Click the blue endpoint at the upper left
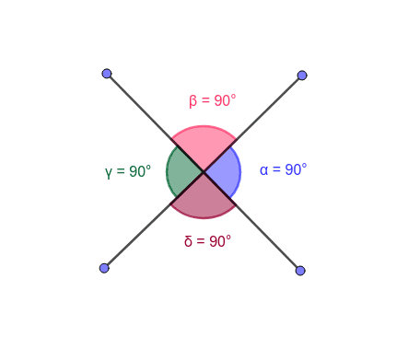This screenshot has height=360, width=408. [x=107, y=74]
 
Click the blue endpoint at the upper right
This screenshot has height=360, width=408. [x=302, y=75]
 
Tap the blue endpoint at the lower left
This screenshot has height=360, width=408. [x=104, y=268]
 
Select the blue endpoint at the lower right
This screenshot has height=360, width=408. [x=300, y=271]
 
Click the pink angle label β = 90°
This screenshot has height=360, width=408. [x=213, y=100]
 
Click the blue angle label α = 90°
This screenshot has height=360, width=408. [x=283, y=169]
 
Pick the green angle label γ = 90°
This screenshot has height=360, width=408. [x=128, y=171]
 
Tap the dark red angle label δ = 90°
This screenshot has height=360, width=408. [x=207, y=241]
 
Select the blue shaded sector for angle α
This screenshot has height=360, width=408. [x=225, y=172]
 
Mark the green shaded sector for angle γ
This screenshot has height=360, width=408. [x=182, y=172]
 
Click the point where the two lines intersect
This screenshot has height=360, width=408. [x=204, y=172]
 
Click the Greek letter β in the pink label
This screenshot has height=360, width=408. [x=193, y=101]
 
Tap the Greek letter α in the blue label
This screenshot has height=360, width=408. [x=263, y=170]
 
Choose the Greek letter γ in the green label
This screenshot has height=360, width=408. [x=109, y=172]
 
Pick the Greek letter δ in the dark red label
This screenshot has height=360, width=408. [x=188, y=241]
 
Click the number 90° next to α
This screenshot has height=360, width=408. [x=296, y=169]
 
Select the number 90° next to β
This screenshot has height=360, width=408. [x=226, y=100]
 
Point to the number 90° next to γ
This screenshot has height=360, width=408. [x=140, y=171]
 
